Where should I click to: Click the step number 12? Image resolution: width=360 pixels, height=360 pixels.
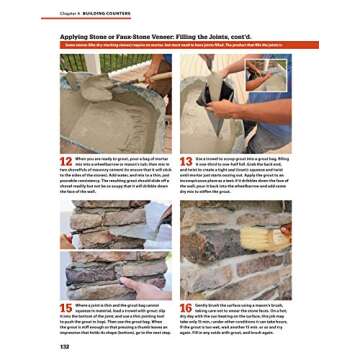(x=67, y=161)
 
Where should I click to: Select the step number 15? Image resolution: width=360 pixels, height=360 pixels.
(x=67, y=308)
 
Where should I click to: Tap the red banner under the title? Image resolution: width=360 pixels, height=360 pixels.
(x=180, y=46)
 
